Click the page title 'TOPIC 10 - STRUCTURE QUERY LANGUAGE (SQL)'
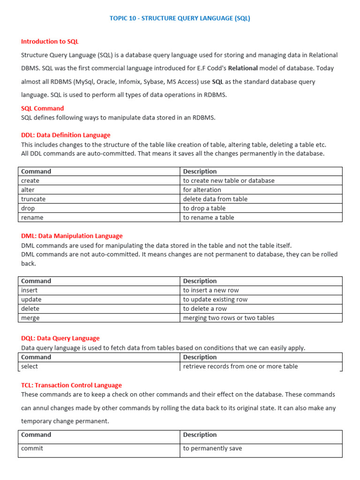click(180, 18)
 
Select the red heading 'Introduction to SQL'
click(50, 42)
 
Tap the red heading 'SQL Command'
click(42, 108)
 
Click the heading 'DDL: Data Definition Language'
click(66, 135)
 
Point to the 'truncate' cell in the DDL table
click(33, 199)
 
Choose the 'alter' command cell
click(28, 190)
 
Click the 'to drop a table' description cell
click(204, 208)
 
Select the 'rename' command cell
click(32, 217)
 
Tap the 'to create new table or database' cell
click(229, 180)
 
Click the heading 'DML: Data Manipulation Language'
click(72, 236)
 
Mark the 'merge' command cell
click(30, 318)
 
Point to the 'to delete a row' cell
click(205, 308)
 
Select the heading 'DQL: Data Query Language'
click(60, 338)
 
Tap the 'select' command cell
click(30, 366)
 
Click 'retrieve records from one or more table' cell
click(240, 366)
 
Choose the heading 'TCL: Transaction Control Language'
click(71, 385)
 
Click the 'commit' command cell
click(32, 449)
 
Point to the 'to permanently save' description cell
click(212, 449)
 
